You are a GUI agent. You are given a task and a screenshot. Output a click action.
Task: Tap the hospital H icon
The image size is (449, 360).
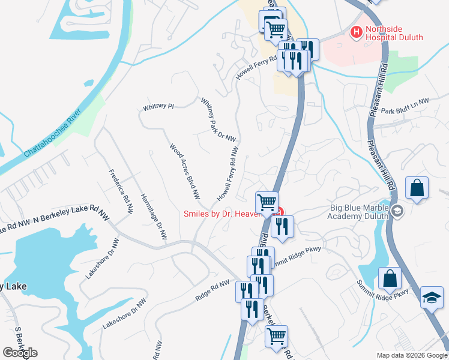pyautogui.click(x=356, y=32)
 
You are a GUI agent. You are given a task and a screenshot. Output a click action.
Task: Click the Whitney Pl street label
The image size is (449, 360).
pyautogui.click(x=158, y=107)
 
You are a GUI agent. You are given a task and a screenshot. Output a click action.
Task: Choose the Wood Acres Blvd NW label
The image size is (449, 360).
pyautogui.click(x=184, y=171)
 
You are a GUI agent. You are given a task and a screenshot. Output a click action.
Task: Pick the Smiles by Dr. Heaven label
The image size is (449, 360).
pyautogui.click(x=223, y=213)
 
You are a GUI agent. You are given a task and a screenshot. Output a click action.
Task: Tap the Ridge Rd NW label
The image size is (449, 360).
pyautogui.click(x=212, y=290)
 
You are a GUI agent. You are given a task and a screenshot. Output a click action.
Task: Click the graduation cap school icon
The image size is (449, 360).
pyautogui.click(x=432, y=298)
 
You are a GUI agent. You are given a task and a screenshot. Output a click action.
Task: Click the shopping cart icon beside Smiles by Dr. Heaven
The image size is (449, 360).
pyautogui.click(x=267, y=201)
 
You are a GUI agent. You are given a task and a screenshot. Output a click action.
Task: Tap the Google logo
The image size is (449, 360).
pyautogui.click(x=20, y=352)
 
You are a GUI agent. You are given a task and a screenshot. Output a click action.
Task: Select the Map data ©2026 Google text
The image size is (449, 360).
pyautogui.click(x=411, y=355)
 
